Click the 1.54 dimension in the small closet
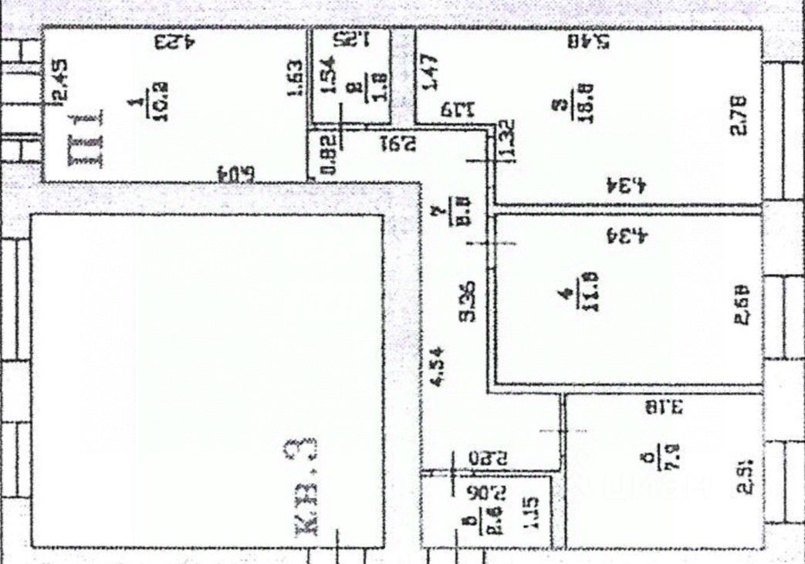[x=328, y=76]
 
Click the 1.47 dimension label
[x=431, y=73]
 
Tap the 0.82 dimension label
[x=327, y=154]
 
